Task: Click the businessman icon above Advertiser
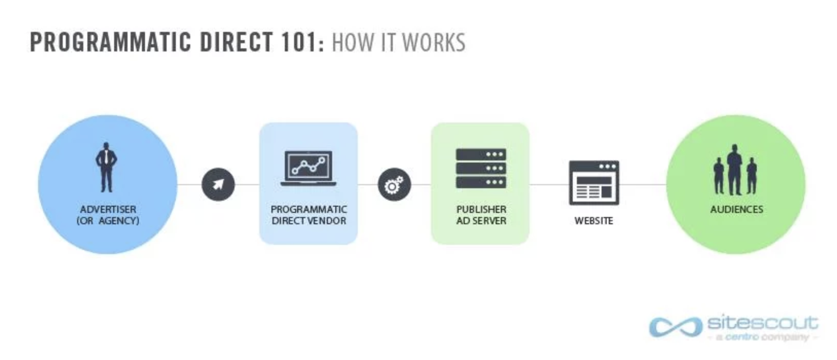(x=106, y=168)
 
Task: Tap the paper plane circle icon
(x=218, y=184)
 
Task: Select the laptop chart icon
(x=308, y=168)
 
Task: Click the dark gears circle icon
(x=394, y=184)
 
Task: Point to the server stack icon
(x=481, y=168)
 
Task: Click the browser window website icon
(x=594, y=183)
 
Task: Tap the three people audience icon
(x=735, y=170)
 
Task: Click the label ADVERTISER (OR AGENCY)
(x=108, y=215)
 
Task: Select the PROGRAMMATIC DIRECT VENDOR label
(x=308, y=215)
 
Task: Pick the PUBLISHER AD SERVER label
(x=481, y=215)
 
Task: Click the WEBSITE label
(x=594, y=221)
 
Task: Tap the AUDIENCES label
(x=736, y=209)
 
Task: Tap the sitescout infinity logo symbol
(x=675, y=327)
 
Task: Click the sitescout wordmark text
(x=762, y=323)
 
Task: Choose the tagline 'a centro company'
(x=762, y=337)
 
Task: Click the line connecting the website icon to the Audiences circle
(x=643, y=184)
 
